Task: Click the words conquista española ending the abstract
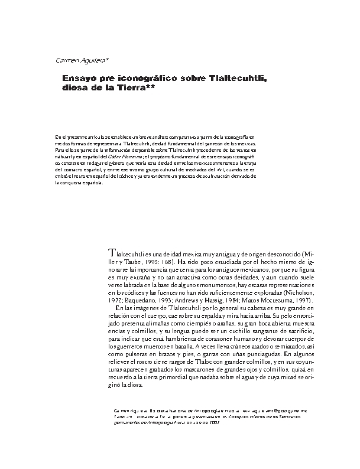point(83,183)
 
